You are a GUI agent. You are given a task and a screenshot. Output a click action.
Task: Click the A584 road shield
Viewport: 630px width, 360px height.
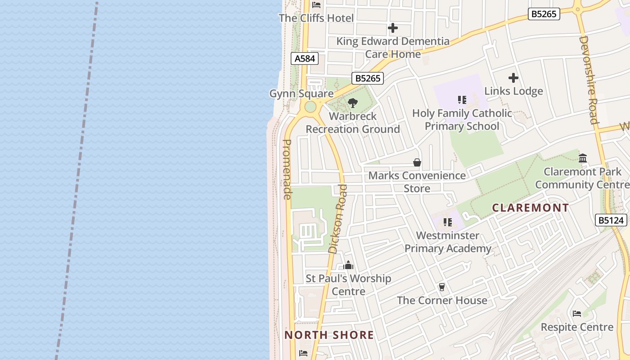[305, 58]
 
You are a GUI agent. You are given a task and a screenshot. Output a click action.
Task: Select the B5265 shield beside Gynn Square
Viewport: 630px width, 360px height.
[368, 78]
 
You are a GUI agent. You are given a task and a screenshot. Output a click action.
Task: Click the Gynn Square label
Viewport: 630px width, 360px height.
[301, 94]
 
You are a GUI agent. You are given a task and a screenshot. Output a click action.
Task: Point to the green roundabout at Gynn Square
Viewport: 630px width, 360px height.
[310, 107]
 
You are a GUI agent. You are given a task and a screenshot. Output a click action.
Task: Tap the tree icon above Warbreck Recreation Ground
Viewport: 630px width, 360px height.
[353, 103]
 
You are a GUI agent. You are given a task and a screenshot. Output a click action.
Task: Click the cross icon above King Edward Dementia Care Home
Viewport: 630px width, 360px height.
[393, 28]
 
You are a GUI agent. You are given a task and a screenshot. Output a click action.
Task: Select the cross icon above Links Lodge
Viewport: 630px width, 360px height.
[513, 78]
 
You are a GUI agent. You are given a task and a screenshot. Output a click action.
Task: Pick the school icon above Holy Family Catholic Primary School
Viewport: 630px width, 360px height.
[462, 100]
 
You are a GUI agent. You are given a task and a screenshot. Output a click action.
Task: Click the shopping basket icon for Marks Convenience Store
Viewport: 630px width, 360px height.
[417, 162]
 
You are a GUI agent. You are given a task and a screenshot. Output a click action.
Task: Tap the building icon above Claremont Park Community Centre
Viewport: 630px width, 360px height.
[583, 158]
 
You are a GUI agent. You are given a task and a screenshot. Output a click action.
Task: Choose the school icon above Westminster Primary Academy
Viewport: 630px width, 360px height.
[447, 222]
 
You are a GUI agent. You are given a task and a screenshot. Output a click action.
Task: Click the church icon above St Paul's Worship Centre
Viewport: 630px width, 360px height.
[348, 265]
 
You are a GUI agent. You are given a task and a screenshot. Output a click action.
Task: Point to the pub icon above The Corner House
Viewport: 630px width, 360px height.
[442, 287]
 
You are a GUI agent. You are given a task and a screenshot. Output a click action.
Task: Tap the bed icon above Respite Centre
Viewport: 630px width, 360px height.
[577, 314]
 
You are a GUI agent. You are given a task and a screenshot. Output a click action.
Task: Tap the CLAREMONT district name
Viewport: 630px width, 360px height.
[531, 208]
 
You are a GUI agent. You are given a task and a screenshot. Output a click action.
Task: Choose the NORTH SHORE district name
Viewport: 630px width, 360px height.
[329, 335]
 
